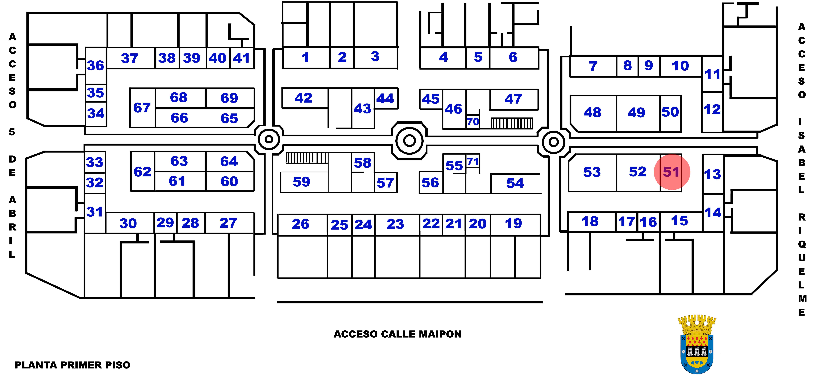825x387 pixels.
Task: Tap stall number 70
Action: pos(473,122)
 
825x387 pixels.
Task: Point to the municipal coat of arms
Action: pos(697,344)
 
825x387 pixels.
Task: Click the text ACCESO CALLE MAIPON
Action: pos(397,334)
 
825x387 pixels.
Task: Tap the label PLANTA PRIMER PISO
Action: pos(73,365)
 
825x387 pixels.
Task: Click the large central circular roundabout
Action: pos(409,140)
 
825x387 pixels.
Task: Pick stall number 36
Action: pos(95,66)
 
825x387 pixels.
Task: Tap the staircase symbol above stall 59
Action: pos(307,158)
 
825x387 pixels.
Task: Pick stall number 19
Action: pos(513,223)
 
